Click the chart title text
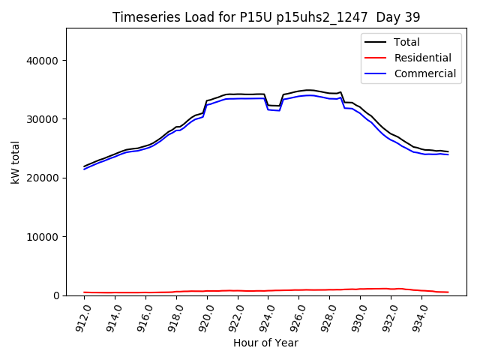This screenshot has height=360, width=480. click(266, 17)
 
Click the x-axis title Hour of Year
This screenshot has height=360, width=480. click(265, 343)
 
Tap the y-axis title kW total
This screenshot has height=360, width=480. click(16, 162)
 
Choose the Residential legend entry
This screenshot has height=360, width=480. click(422, 58)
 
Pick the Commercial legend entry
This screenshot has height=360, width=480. click(424, 73)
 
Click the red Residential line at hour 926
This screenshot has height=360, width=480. click(298, 289)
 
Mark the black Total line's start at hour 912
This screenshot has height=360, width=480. click(85, 166)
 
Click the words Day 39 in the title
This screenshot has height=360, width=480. click(398, 17)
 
